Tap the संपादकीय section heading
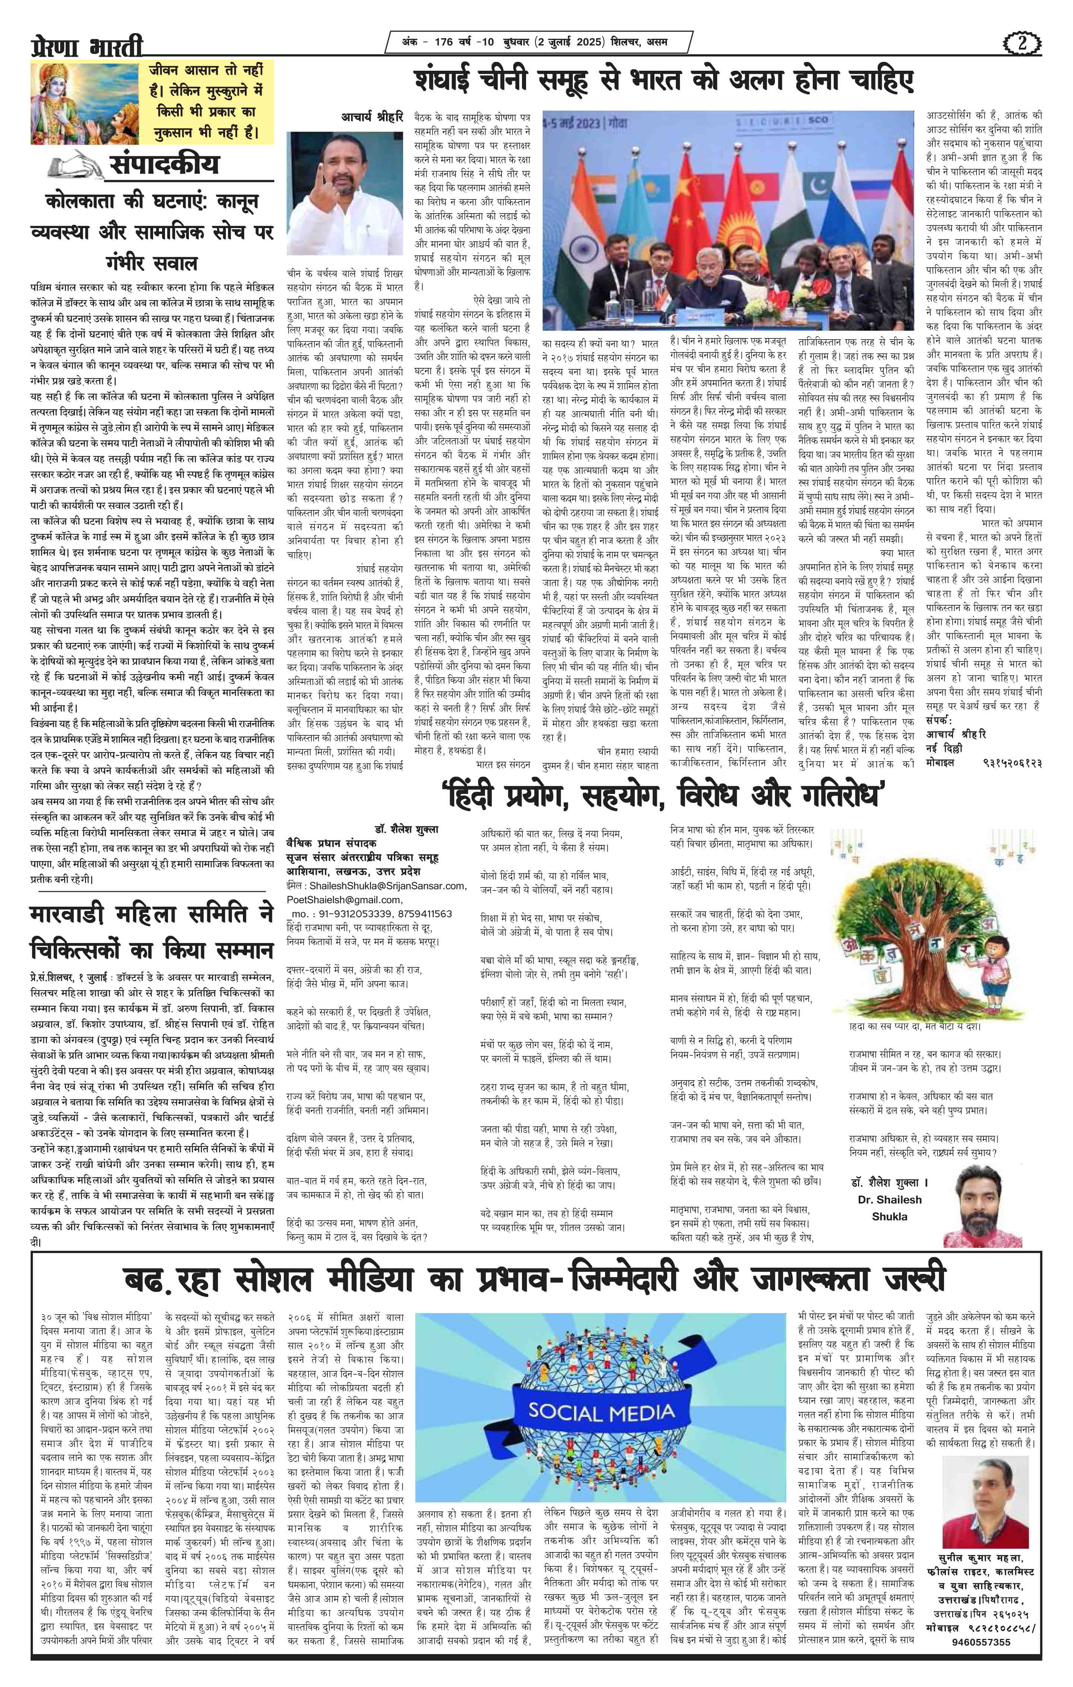click(x=164, y=165)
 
